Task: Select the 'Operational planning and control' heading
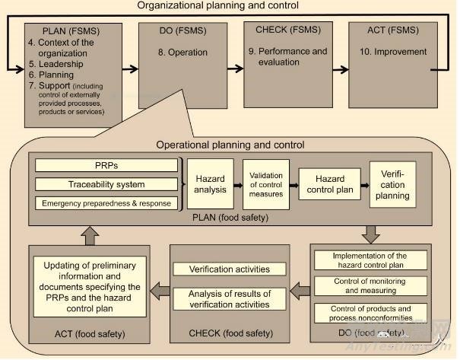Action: (230, 145)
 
